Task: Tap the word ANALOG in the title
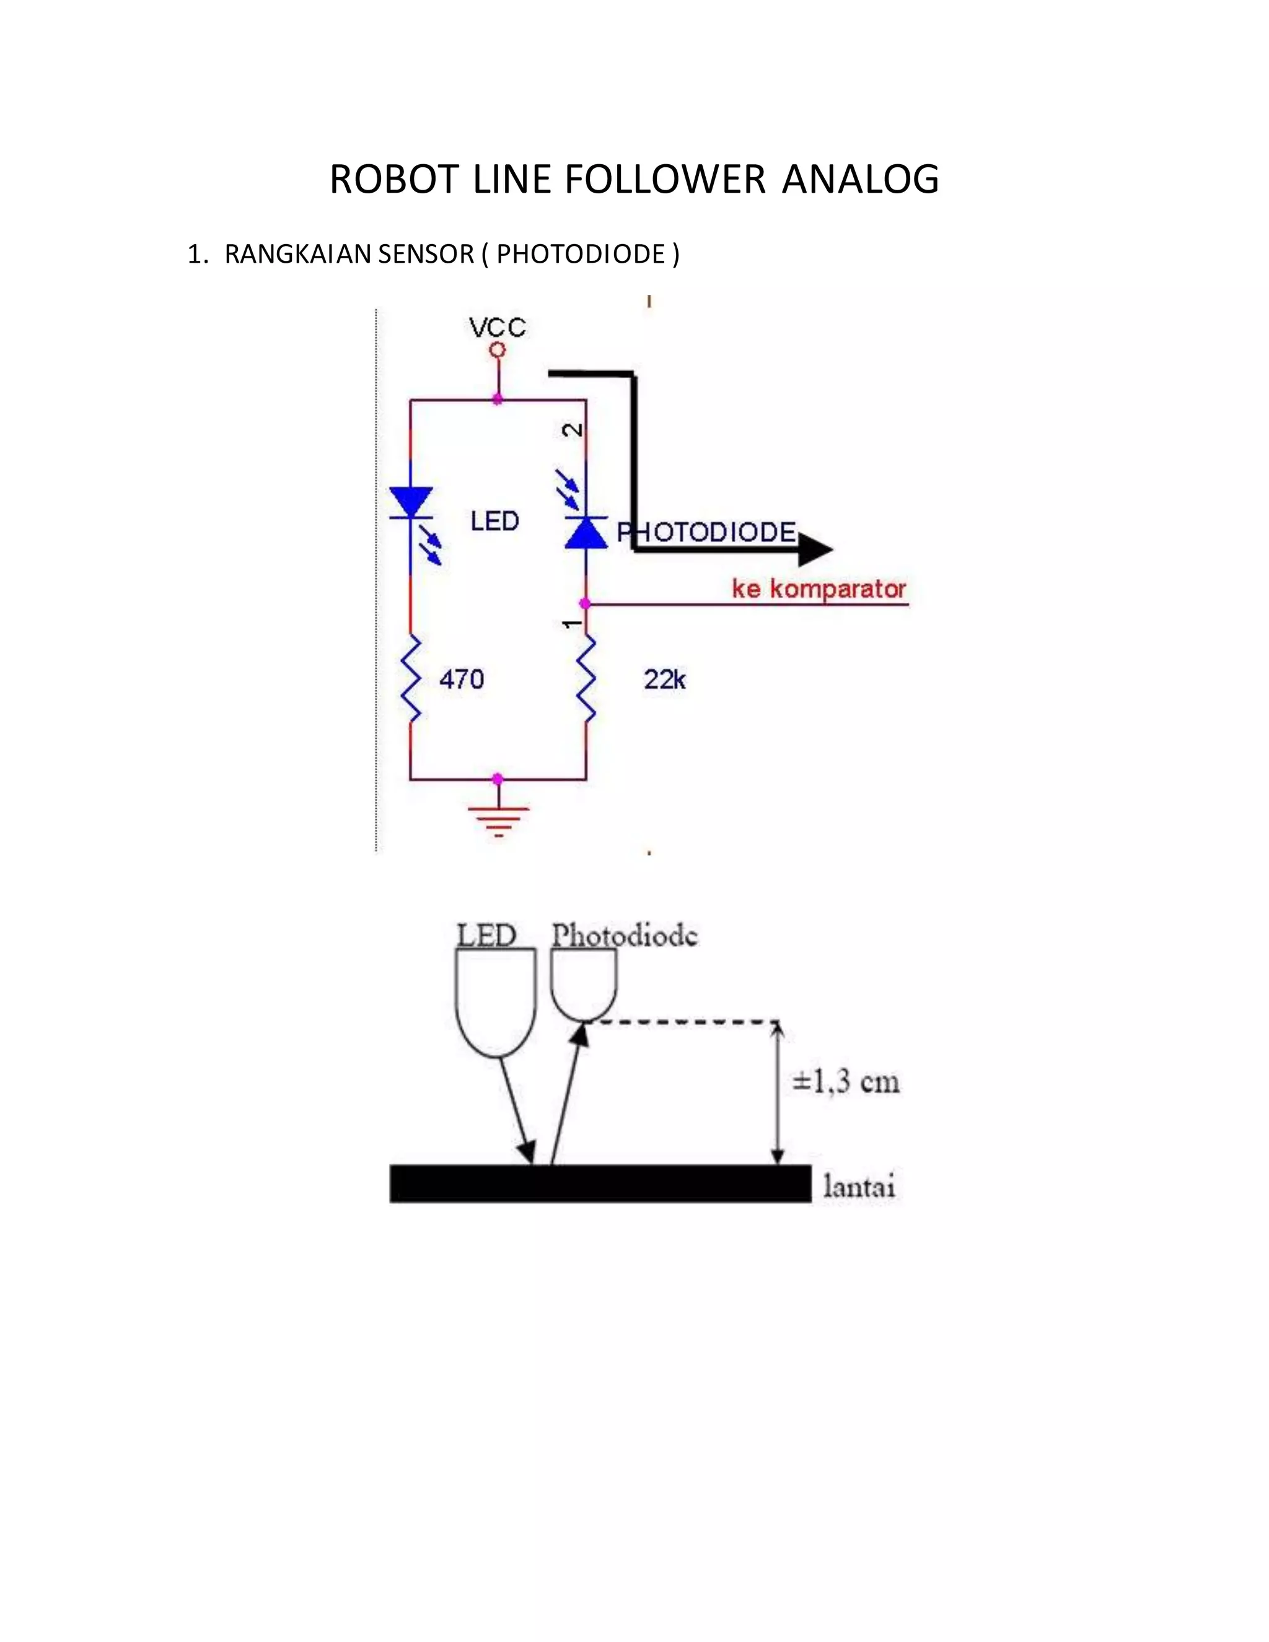pos(860,180)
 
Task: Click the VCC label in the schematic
pos(497,328)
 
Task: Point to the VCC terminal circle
pos(496,349)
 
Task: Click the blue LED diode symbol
pos(410,503)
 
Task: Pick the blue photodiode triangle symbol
pos(586,532)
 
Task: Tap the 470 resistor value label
pos(462,680)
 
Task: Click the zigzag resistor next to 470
pos(410,678)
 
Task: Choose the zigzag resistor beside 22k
pos(586,678)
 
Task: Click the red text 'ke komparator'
pos(819,589)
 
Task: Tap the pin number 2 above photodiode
pos(574,430)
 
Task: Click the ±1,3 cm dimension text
pos(845,1082)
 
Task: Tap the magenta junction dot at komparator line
pos(585,603)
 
